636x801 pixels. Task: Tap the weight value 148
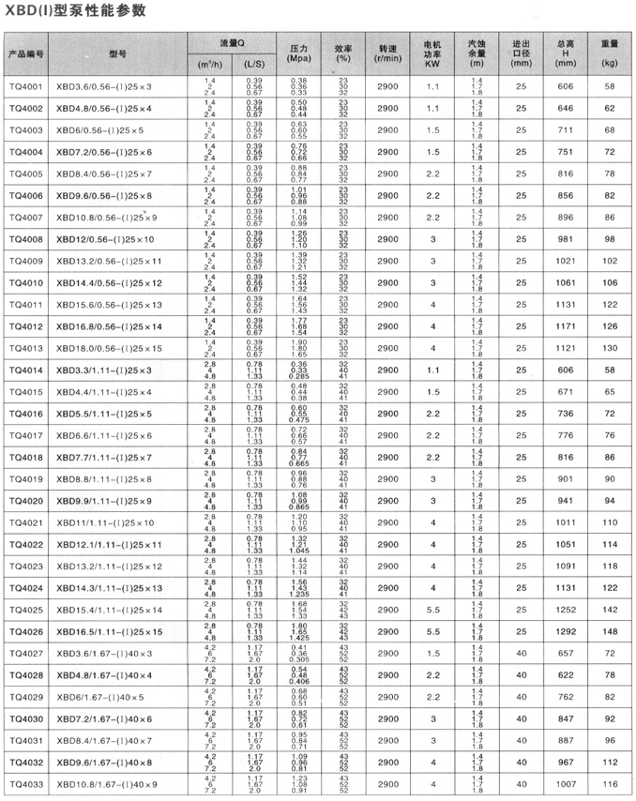[610, 631]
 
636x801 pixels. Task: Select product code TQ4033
[25, 783]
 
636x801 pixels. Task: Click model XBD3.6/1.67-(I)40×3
[110, 653]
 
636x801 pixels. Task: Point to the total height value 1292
[565, 631]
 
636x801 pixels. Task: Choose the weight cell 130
[610, 348]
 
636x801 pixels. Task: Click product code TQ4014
[25, 370]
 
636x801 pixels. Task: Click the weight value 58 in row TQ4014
[610, 370]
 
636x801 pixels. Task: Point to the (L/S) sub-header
[253, 64]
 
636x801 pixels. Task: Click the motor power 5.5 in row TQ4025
[432, 610]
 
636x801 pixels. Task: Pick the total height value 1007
[565, 783]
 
